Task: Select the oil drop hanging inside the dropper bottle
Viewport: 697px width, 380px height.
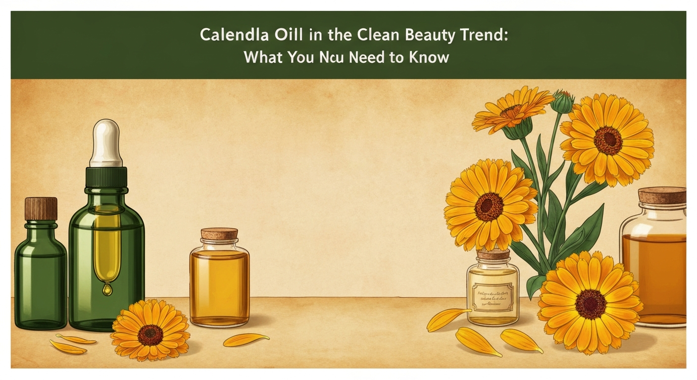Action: click(x=107, y=286)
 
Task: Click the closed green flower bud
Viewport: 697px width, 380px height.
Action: click(x=562, y=101)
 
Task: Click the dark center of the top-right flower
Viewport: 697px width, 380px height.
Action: click(x=608, y=140)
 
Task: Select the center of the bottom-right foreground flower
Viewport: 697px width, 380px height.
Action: click(x=591, y=303)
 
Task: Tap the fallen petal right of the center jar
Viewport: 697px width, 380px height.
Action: click(x=246, y=339)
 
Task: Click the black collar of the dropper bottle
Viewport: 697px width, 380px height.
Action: click(x=106, y=176)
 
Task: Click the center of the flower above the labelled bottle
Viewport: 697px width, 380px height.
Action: click(x=489, y=206)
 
